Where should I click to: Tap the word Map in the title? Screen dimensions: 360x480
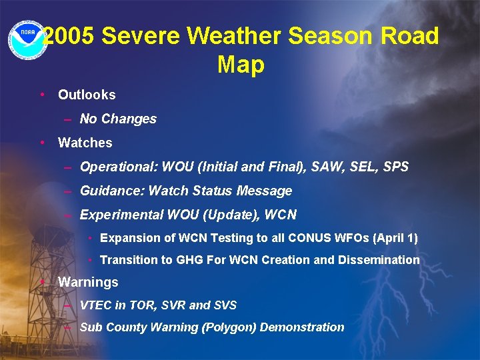[x=241, y=65]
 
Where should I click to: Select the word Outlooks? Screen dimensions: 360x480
[x=87, y=95]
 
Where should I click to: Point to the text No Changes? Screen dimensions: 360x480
[x=118, y=119]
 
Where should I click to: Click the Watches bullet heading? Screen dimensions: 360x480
[x=85, y=143]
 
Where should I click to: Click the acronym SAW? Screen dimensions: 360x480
[x=315, y=167]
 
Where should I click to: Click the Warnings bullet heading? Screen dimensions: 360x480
[x=88, y=282]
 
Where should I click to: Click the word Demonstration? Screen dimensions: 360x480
[x=302, y=327]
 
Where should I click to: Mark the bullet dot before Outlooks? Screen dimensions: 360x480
[x=42, y=95]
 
